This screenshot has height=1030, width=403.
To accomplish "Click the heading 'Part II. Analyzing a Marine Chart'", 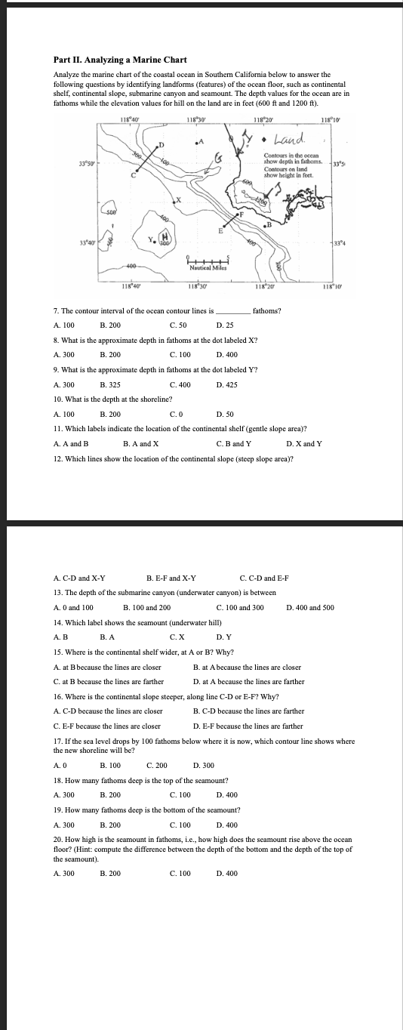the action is (109, 60).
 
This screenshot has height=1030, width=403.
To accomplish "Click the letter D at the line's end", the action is (160, 143).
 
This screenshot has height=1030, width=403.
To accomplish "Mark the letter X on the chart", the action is (179, 200).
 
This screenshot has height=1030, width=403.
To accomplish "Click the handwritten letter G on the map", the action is (218, 158).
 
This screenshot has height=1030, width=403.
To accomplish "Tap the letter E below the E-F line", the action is (220, 231).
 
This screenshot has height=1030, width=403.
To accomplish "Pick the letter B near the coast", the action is (267, 224).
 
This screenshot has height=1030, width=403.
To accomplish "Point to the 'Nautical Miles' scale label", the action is (208, 268).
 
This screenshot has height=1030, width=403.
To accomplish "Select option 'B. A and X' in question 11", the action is (140, 443).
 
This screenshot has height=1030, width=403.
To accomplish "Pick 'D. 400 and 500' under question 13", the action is (310, 607).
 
